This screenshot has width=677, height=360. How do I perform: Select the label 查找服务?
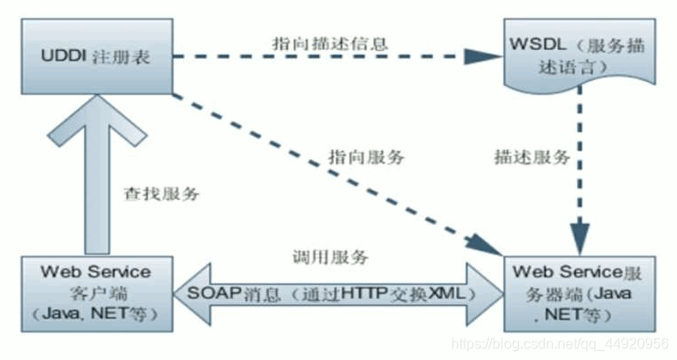[162, 194]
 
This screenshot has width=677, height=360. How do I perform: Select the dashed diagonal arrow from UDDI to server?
[330, 169]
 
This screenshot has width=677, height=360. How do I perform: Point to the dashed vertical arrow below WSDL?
[581, 179]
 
